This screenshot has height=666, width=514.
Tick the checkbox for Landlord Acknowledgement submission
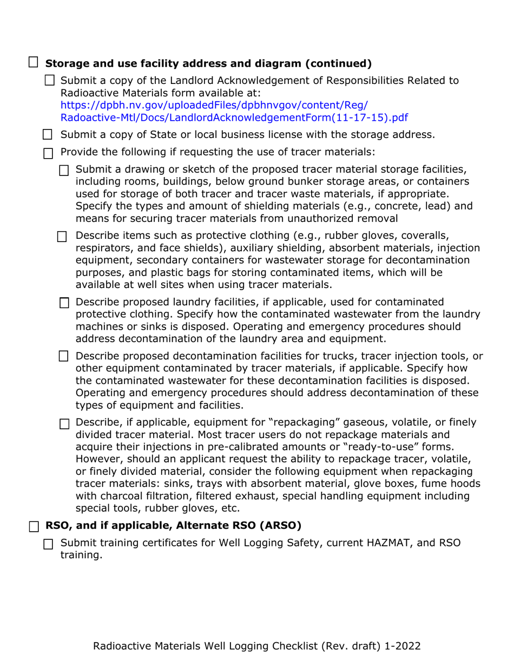(x=49, y=81)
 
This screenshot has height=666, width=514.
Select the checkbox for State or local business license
(x=48, y=134)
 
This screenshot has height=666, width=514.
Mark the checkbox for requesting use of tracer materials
(x=48, y=153)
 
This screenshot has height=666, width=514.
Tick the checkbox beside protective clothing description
(x=63, y=236)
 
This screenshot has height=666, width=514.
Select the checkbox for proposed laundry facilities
(x=64, y=303)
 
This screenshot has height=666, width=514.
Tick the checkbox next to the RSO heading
(x=34, y=525)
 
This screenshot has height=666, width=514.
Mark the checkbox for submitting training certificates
(x=48, y=544)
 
